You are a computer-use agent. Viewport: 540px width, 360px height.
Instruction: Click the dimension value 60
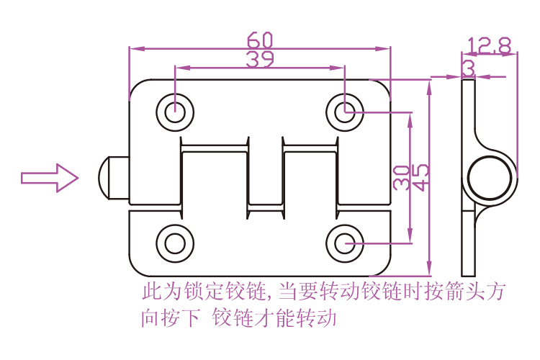(260, 38)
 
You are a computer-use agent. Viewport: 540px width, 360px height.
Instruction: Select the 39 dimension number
(260, 59)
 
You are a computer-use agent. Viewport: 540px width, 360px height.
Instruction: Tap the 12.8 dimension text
(489, 47)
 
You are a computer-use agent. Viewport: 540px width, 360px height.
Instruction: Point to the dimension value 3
(469, 68)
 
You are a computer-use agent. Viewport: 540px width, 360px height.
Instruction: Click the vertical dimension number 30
(402, 178)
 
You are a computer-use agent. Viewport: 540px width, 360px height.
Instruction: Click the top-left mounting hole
(175, 112)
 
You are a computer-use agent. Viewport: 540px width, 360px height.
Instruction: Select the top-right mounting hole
(346, 112)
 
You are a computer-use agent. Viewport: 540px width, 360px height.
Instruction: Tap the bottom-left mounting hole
(175, 243)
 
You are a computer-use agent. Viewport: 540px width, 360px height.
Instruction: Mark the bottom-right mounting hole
(346, 243)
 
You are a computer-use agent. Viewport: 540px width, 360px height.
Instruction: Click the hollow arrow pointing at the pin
(49, 177)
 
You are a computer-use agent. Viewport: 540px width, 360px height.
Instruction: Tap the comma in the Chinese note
(269, 297)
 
